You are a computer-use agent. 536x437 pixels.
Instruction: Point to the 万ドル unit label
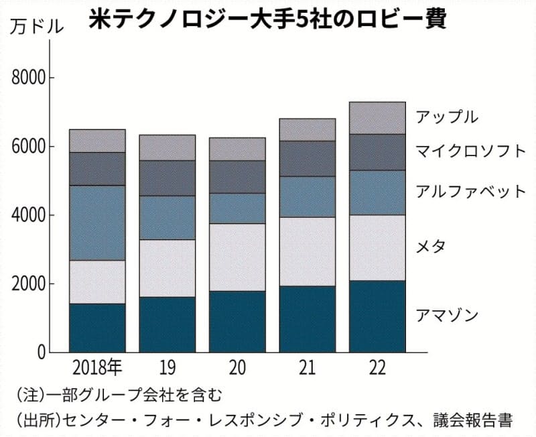[x=39, y=27]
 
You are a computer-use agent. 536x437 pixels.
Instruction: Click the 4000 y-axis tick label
[x=29, y=216]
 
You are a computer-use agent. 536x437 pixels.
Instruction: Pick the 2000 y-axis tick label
[x=29, y=284]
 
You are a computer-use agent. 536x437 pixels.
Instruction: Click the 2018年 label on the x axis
[x=97, y=368]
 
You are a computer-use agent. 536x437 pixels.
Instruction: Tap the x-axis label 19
[x=167, y=368]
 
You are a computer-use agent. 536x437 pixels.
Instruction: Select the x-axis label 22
[x=378, y=368]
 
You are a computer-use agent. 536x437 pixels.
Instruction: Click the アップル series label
[x=447, y=117]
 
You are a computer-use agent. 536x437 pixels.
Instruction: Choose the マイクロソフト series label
[x=471, y=151]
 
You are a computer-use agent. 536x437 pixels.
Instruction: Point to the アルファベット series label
[x=471, y=191]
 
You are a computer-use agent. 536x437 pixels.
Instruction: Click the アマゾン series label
[x=447, y=314]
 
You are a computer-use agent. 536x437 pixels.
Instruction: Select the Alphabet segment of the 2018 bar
[x=97, y=223]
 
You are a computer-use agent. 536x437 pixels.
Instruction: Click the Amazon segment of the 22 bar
[x=378, y=316]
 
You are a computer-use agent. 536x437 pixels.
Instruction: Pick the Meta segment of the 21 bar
[x=308, y=251]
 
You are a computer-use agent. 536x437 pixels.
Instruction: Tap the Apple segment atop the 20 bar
[x=237, y=149]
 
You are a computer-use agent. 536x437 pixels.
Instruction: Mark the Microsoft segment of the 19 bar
[x=167, y=178]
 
